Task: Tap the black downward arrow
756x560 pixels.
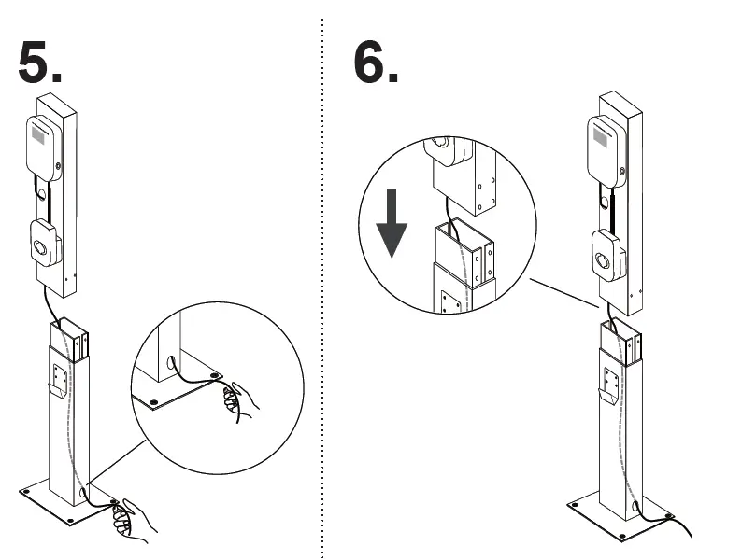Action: (392, 227)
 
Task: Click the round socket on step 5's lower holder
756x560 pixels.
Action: (41, 248)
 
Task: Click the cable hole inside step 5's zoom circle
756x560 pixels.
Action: (171, 360)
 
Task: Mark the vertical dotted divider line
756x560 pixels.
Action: (322, 280)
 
